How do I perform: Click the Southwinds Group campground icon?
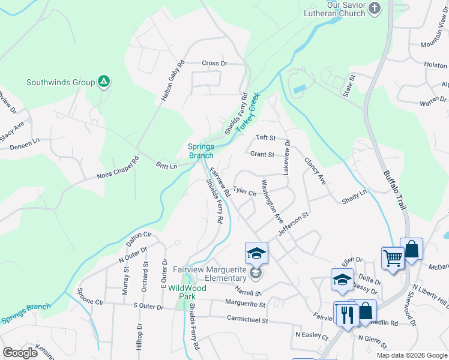[x=104, y=82]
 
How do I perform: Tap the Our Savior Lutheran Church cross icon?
[x=375, y=8]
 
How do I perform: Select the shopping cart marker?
[x=393, y=258]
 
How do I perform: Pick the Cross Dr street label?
[x=215, y=63]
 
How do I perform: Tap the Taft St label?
[x=265, y=137]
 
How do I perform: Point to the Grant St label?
[x=262, y=154]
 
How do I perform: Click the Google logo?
[x=20, y=353]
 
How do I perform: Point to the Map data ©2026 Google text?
[x=411, y=355]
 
